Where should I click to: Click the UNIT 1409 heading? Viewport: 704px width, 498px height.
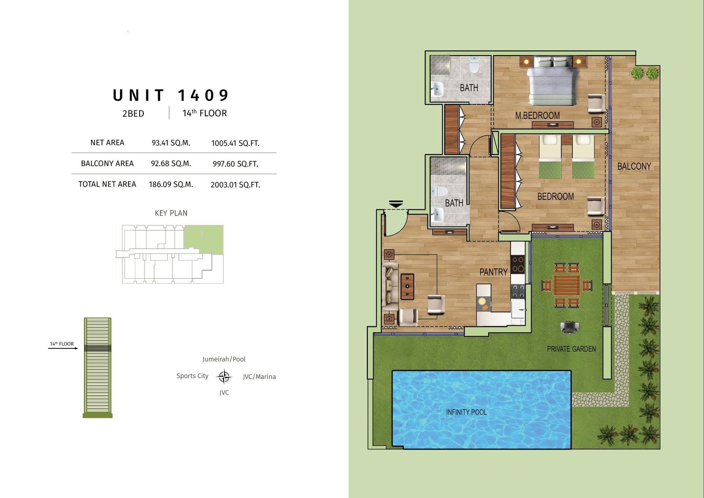click(170, 95)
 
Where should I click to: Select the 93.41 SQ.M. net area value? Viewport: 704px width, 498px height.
click(171, 143)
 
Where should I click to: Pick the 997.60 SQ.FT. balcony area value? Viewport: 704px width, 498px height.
click(235, 164)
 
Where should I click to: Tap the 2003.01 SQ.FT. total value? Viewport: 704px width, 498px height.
click(235, 185)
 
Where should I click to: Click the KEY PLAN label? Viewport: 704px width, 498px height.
click(171, 213)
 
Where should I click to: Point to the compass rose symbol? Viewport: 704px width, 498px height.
click(224, 376)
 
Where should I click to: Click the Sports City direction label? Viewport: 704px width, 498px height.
click(192, 376)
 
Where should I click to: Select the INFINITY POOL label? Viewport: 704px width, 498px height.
click(466, 412)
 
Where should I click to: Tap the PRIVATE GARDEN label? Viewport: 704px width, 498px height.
click(571, 349)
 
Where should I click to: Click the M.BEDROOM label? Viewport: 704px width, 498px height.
click(537, 116)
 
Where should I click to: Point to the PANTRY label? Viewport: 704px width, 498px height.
click(493, 272)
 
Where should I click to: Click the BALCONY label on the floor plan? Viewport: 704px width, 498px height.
click(634, 166)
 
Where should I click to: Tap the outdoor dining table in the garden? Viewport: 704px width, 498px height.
click(567, 285)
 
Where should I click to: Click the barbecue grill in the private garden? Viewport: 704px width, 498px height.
click(569, 327)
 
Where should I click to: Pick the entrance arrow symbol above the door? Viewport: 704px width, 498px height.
click(396, 204)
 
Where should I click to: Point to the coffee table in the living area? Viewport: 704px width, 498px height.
click(407, 286)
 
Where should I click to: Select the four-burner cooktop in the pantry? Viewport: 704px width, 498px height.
click(518, 264)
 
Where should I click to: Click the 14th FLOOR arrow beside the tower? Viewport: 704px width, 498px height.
click(63, 348)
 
